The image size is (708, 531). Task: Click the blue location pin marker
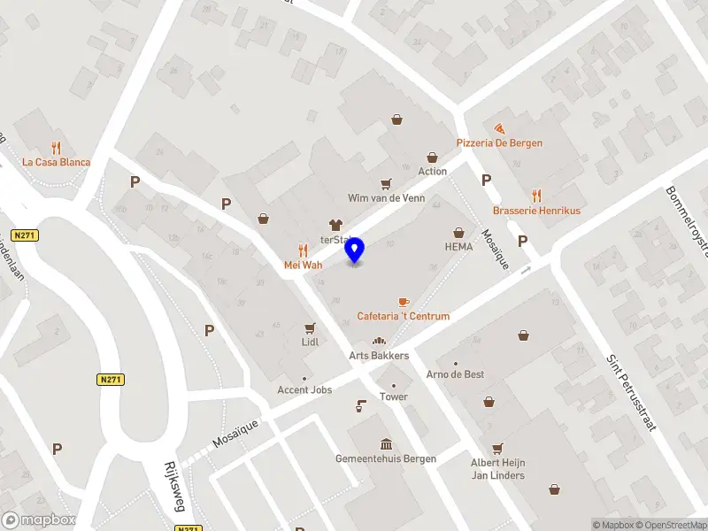point(355,250)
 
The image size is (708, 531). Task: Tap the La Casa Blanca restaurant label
point(57,162)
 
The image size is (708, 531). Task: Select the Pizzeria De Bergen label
point(499,142)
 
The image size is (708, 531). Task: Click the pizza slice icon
point(500,128)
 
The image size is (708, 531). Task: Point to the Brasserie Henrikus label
point(536,211)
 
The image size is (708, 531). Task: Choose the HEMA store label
point(458,246)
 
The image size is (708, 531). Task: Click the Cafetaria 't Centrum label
point(403,316)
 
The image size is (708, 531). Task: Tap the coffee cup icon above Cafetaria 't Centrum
point(404,302)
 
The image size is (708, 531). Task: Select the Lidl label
point(310,341)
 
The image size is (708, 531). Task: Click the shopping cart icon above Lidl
point(310,327)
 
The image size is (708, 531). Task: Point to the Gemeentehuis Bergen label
point(385,458)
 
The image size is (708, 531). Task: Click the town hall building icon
point(386,443)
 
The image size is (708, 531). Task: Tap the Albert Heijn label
point(497,464)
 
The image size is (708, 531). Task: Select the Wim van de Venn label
point(387,198)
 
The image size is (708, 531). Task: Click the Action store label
point(432,171)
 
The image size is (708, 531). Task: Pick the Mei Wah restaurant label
point(303,265)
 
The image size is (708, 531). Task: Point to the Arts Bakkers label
point(379,355)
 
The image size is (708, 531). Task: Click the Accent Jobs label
point(304,390)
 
